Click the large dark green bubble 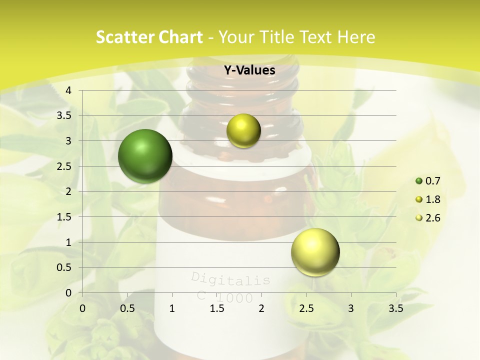145,155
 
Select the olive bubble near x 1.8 243,130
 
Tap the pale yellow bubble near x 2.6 315,252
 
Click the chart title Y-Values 249,70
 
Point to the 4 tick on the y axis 68,90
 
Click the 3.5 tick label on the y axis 64,116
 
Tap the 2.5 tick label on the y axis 64,166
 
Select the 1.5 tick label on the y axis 64,217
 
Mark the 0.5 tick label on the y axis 64,267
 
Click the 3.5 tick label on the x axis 395,308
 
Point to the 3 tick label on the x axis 351,308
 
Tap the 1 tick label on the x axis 172,308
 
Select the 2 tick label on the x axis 261,308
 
